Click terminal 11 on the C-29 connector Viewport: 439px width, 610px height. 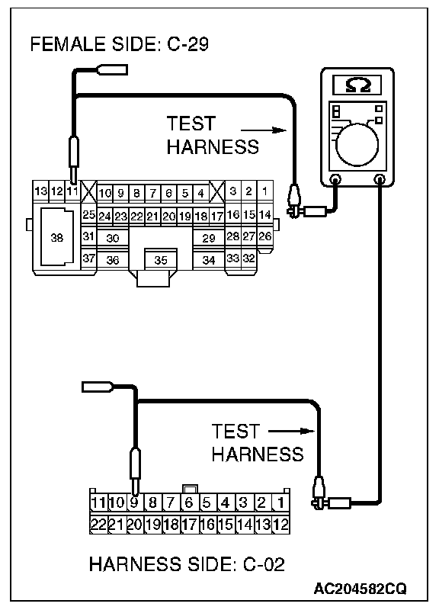pos(72,191)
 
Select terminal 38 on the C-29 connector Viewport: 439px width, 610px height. pos(57,237)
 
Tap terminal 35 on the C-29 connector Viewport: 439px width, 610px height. pos(161,260)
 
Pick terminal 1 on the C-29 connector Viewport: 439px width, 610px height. pos(264,191)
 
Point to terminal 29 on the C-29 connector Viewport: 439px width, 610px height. pos(209,238)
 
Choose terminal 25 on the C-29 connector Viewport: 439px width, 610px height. pos(88,215)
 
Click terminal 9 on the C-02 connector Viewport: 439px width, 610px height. pos(134,502)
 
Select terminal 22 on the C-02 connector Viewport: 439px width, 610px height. pos(98,525)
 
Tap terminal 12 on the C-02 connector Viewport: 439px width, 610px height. pos(280,525)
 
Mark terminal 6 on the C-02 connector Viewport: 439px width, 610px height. pos(189,502)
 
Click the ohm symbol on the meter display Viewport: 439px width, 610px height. pos(358,85)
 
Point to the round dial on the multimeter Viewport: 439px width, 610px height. pos(357,144)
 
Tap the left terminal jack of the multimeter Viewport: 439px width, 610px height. pos(335,180)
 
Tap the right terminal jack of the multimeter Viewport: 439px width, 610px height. pos(379,180)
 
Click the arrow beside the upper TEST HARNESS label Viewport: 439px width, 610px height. pos(264,130)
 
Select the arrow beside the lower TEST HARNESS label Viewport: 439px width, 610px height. pos(291,431)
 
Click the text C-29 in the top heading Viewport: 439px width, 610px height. pos(187,44)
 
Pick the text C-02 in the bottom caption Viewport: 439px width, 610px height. pos(264,564)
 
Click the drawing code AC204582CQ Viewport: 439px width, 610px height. pos(360,589)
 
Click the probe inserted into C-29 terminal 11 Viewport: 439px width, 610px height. pos(73,159)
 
